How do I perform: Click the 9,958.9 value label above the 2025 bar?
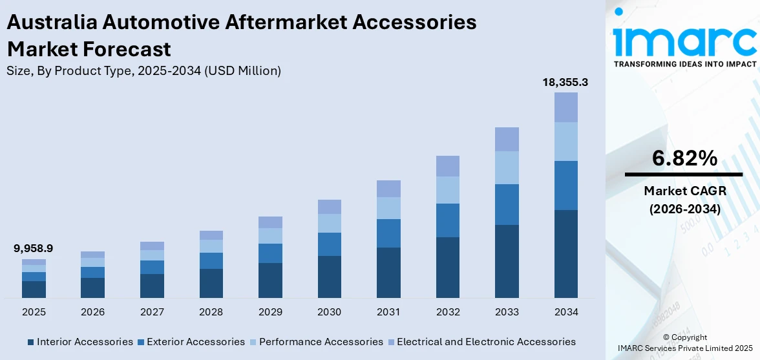(34, 248)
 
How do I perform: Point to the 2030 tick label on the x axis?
(329, 312)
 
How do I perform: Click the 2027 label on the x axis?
(152, 312)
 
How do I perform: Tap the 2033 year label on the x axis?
(507, 312)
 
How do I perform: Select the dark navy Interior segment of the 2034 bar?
(566, 253)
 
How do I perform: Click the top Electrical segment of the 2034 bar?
(566, 107)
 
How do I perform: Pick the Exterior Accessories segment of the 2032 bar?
(447, 220)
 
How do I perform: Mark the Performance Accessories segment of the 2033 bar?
(507, 167)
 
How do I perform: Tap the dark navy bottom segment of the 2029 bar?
(270, 280)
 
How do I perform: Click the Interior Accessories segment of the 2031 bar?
(388, 272)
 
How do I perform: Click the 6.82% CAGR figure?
(684, 158)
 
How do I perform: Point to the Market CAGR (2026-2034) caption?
(684, 200)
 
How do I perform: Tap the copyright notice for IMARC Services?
(685, 343)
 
